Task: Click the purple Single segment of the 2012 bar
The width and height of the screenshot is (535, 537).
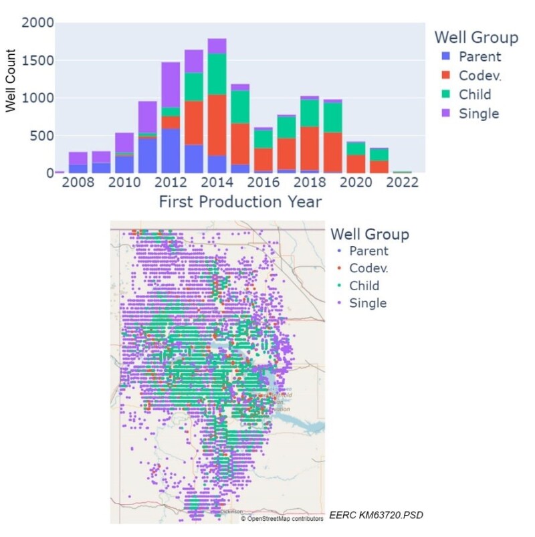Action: pos(171,84)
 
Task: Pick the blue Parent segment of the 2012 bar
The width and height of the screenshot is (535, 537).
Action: pos(171,150)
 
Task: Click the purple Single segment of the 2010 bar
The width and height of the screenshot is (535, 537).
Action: pos(124,142)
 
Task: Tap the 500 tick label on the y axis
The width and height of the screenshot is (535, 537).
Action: pos(39,136)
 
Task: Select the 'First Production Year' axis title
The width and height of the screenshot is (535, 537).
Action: pos(239,201)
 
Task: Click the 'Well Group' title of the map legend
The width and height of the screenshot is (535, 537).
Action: pos(369,234)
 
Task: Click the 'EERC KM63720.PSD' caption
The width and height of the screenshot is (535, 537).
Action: pos(377,514)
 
